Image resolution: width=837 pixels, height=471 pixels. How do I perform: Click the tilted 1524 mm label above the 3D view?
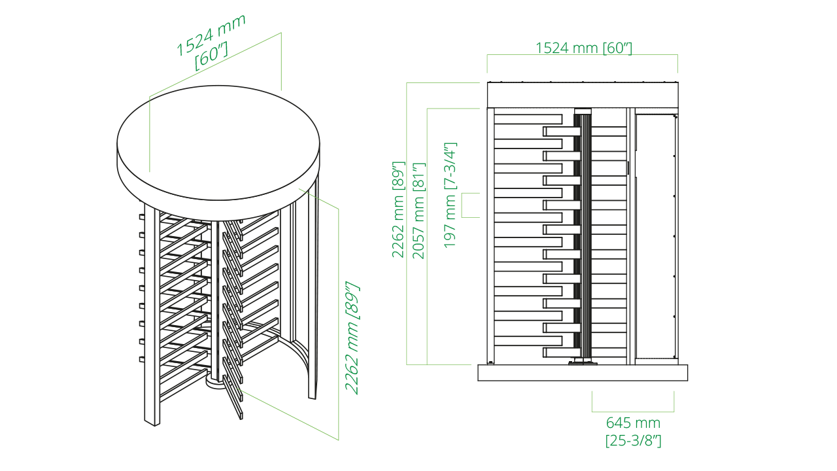point(211,35)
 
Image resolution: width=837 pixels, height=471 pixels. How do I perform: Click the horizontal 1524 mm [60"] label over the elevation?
point(583,48)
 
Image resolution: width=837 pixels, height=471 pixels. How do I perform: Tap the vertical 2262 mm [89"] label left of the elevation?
point(398,209)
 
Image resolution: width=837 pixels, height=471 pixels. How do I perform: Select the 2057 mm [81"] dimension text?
point(419,211)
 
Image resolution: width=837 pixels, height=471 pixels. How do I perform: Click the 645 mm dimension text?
point(632,423)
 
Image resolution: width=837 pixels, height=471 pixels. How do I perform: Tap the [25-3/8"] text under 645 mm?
point(633,440)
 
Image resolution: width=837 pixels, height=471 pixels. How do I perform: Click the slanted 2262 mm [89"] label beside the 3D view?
point(352,338)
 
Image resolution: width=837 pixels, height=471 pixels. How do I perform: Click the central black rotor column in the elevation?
point(583,235)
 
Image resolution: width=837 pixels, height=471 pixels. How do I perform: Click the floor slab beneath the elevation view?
point(582,373)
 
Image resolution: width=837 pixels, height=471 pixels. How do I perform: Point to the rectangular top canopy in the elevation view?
point(582,95)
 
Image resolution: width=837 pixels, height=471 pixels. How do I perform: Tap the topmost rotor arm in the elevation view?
point(527,120)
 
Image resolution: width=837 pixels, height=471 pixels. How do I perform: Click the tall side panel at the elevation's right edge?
point(655,235)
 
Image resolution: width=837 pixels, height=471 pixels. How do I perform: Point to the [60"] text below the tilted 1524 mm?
point(212,58)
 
